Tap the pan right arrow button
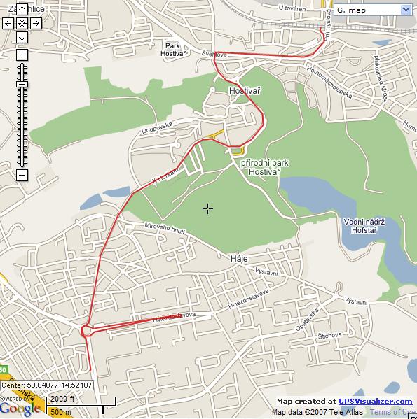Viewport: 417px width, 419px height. (x=36, y=23)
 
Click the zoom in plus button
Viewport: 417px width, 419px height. (x=22, y=55)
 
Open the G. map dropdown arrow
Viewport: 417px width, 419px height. (x=406, y=10)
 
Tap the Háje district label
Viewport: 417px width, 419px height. (x=239, y=258)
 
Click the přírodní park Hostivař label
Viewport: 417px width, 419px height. (x=265, y=166)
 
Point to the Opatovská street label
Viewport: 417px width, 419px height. (x=308, y=320)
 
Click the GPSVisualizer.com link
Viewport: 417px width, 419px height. (x=376, y=401)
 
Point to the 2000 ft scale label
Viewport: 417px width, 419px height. (x=62, y=399)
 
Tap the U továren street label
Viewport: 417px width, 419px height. (x=292, y=8)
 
